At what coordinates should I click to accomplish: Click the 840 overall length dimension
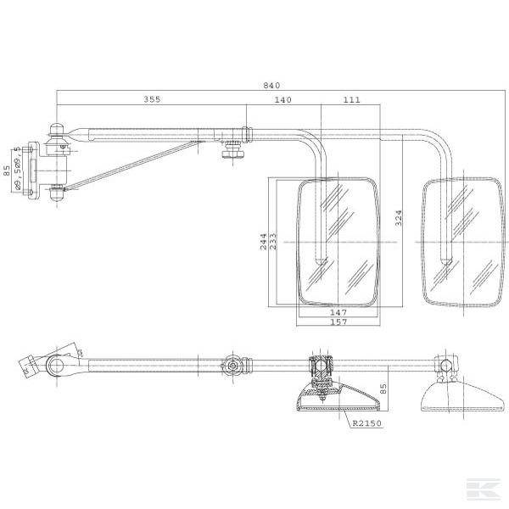(x=271, y=86)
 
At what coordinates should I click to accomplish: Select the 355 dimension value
(x=152, y=99)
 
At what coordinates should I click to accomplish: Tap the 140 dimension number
(x=283, y=99)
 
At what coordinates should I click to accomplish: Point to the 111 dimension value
(x=351, y=99)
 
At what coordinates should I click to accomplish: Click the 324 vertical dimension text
(x=399, y=218)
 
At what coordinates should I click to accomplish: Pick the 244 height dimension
(x=264, y=242)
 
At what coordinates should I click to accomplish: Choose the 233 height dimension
(x=273, y=242)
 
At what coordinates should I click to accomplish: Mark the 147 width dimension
(x=338, y=312)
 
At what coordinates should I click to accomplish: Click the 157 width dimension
(x=338, y=322)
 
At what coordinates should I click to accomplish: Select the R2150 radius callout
(x=367, y=423)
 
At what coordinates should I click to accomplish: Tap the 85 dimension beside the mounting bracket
(x=7, y=171)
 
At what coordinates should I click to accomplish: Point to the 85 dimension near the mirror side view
(x=383, y=389)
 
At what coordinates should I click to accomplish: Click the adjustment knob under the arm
(x=233, y=150)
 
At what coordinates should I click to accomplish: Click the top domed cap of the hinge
(x=57, y=129)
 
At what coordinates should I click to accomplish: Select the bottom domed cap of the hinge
(x=57, y=193)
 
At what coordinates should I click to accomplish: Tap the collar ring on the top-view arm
(x=247, y=134)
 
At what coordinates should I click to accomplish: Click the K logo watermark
(x=483, y=489)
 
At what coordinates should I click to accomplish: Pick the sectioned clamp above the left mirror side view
(x=320, y=366)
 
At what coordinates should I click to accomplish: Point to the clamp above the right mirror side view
(x=446, y=366)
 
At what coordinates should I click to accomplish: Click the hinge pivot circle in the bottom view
(x=56, y=365)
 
